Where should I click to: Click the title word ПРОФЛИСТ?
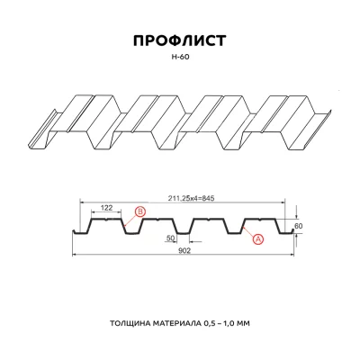[179, 41]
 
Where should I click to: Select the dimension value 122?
[105, 207]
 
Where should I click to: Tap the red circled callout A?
[258, 238]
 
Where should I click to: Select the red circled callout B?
[139, 212]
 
